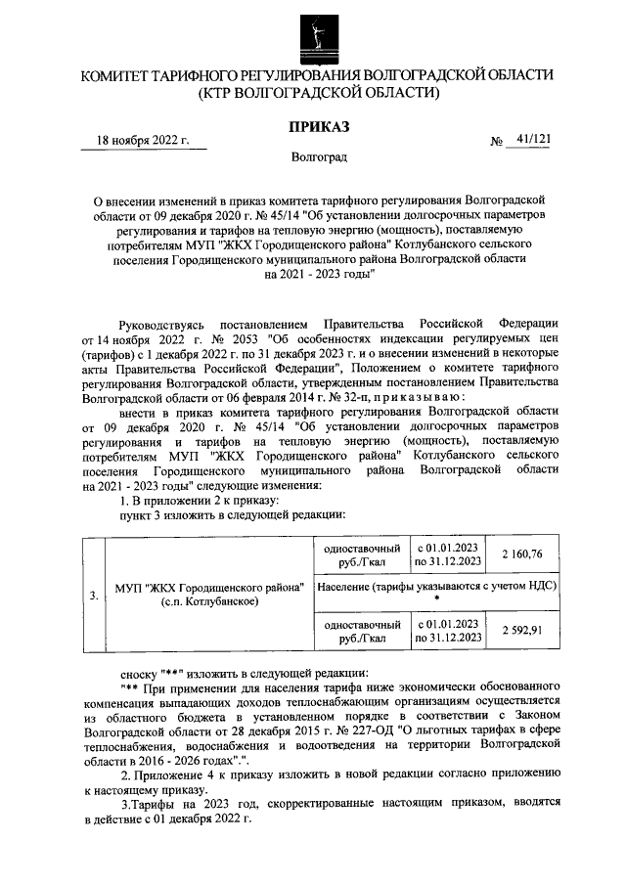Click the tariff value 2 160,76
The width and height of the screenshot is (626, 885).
(x=521, y=553)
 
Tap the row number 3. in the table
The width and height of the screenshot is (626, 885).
(x=93, y=593)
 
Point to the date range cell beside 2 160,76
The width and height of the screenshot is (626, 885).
(x=447, y=553)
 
